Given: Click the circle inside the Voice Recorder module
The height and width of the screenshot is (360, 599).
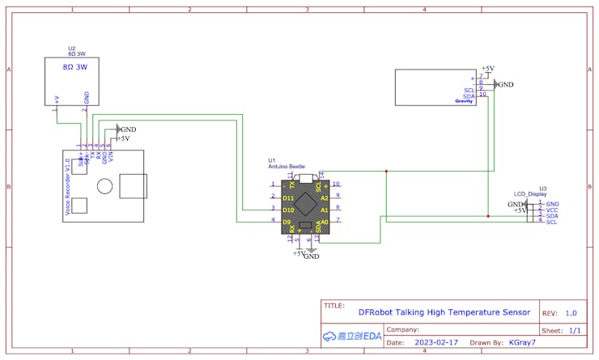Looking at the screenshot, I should [104, 186].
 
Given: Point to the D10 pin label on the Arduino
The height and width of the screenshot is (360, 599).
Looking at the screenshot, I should [288, 209].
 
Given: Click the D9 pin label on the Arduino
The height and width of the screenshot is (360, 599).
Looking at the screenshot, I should [287, 221].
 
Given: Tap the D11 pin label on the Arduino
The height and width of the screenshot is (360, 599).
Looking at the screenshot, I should [288, 197].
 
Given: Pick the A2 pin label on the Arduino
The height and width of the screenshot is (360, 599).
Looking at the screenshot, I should [324, 197].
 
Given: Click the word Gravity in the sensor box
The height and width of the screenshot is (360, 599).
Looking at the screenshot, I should [463, 101].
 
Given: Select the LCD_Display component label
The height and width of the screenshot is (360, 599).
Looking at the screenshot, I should [529, 194].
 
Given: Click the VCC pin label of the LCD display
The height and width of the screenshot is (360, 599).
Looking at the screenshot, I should [552, 210].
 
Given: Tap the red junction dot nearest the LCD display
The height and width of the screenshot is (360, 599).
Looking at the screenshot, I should [488, 216].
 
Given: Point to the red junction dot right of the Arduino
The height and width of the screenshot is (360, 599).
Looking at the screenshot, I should [387, 172].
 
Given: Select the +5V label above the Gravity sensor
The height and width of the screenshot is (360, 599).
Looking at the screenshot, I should [488, 69].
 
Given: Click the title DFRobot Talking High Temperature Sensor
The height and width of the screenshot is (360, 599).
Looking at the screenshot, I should [444, 311].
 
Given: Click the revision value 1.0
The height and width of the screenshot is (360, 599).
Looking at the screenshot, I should [571, 312].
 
